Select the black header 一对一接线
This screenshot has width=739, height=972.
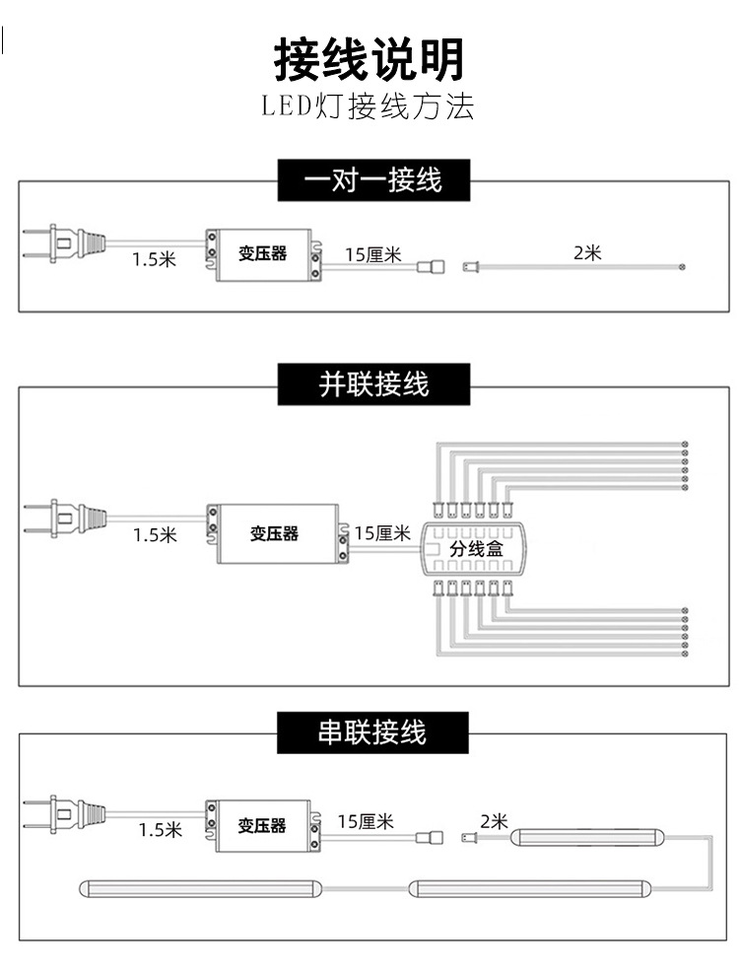373,180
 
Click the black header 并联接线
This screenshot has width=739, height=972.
373,383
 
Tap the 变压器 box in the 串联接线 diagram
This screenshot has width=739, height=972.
263,825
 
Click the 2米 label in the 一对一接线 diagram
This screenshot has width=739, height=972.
587,252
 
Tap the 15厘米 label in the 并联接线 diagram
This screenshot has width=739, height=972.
382,533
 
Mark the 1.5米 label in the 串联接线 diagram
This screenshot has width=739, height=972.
160,829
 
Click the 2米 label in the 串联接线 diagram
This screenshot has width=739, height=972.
494,820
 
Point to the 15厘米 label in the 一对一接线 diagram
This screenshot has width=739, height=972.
373,254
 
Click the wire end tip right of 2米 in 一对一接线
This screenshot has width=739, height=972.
681,267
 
